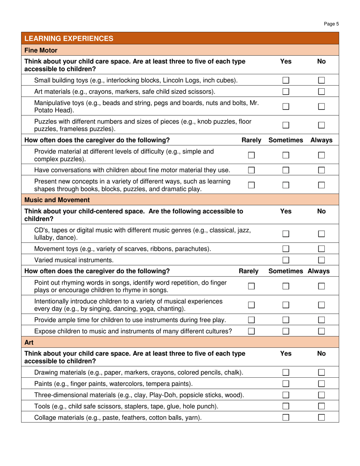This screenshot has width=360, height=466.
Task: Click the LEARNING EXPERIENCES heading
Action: (69, 38)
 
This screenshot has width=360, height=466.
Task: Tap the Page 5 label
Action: (332, 24)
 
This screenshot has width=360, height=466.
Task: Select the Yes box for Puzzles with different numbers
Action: (285, 125)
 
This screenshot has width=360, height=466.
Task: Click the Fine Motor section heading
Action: (41, 50)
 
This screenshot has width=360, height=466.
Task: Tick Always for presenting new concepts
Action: (321, 184)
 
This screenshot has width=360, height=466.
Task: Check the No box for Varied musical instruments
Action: (321, 260)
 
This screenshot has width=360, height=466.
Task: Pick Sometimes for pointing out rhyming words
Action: (285, 286)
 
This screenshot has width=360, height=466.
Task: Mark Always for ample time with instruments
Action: (321, 320)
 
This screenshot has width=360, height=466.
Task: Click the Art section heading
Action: (29, 343)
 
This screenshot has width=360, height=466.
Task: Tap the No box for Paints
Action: (321, 384)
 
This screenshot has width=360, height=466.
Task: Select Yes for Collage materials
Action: (285, 418)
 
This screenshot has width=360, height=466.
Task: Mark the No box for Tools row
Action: (321, 406)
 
